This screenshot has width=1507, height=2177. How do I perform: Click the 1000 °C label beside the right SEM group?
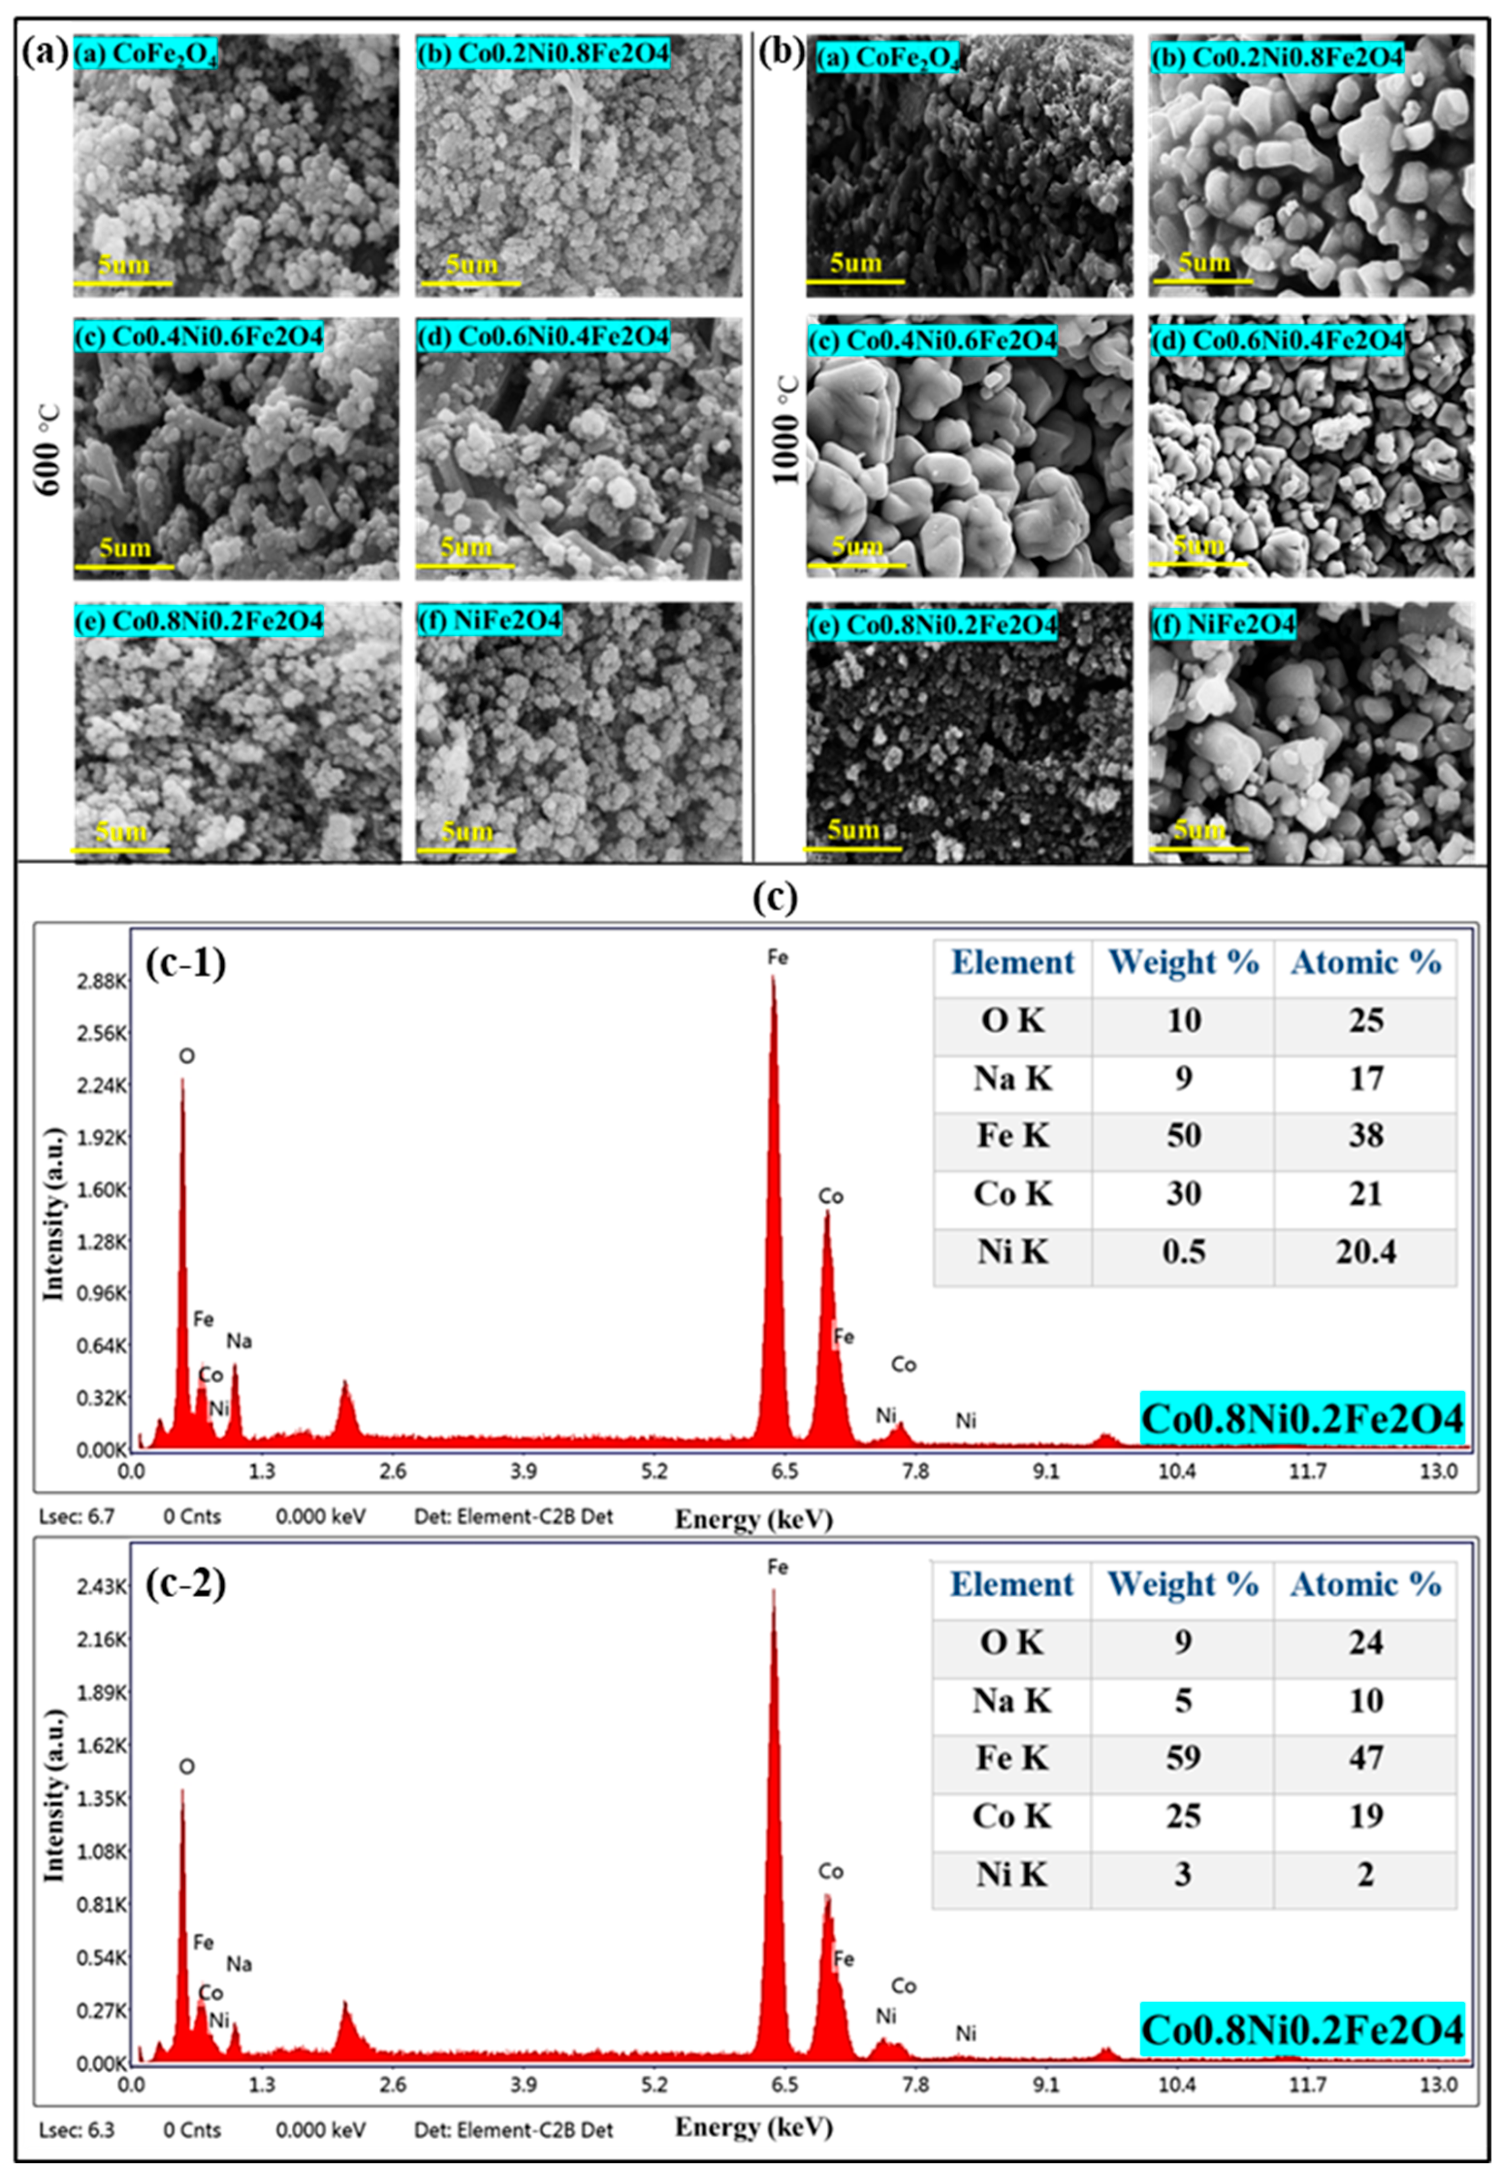pos(786,430)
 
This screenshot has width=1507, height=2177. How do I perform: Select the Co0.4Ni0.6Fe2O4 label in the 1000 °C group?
pos(933,340)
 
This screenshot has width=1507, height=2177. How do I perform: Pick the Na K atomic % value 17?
pos(1365,1078)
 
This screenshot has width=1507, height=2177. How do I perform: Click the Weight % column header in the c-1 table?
pos(1183,962)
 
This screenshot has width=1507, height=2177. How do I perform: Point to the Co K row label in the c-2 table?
pos(1011,1816)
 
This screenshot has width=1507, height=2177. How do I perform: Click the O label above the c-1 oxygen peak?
pos(187,1055)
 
